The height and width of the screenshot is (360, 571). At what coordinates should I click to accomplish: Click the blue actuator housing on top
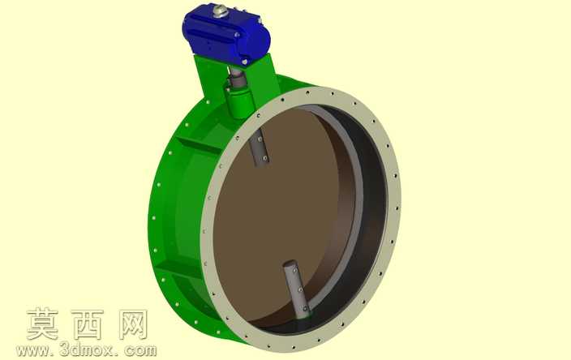coord(225,35)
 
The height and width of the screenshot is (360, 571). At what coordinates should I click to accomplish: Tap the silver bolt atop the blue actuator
coord(221,11)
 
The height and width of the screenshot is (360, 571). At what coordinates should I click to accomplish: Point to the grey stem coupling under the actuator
coord(237,79)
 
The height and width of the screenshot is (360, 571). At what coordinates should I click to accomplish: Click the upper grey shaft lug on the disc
coord(260,148)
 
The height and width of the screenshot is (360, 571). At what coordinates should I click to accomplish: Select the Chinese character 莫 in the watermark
coord(43,324)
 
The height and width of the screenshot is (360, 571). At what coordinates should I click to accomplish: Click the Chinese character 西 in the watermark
coord(88,324)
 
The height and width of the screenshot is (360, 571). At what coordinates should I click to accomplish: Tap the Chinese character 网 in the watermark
coord(133,324)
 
